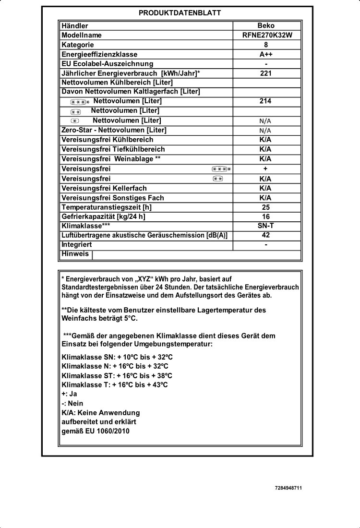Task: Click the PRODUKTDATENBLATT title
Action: [x=180, y=13]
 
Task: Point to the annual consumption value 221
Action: [x=266, y=73]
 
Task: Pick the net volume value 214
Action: [x=265, y=101]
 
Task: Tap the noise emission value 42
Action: [x=266, y=235]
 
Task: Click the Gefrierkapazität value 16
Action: [x=266, y=216]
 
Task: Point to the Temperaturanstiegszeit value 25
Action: [x=266, y=207]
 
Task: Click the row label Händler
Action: [x=75, y=26]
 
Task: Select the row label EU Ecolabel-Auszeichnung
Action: [x=107, y=64]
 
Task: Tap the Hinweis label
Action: [x=75, y=254]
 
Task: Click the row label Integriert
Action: [x=77, y=245]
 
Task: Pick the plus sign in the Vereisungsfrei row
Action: [x=265, y=169]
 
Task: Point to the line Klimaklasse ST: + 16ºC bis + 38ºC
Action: [x=117, y=375]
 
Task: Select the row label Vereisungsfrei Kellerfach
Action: [x=104, y=188]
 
